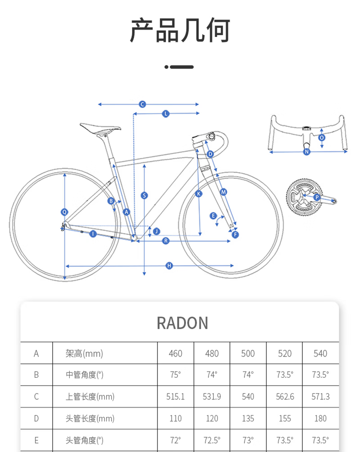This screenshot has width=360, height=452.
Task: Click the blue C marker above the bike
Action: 142,104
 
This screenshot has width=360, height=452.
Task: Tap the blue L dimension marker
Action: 166,114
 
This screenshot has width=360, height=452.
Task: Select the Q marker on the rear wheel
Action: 65,212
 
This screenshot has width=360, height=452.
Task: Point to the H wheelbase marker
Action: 169,265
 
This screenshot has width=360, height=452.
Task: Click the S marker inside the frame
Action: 144,196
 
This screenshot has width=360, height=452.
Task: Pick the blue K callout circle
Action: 198,194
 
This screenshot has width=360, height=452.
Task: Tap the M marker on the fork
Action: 224,192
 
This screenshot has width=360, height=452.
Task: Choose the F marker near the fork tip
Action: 235,235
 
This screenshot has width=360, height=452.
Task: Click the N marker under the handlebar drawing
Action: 306,152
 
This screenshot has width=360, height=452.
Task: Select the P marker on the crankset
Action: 317,197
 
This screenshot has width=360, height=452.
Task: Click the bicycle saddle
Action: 100,128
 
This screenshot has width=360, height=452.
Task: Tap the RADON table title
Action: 182,323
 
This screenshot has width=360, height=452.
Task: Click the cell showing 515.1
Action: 175,397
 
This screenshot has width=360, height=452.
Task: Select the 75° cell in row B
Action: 175,375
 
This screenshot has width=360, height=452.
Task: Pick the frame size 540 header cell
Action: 320,354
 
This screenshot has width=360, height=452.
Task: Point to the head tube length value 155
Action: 285,418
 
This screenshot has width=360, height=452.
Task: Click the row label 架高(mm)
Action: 84,354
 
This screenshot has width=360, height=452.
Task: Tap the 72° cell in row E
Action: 175,440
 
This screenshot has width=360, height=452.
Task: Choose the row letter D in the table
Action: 36,418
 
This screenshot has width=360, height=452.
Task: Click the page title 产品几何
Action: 180,30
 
